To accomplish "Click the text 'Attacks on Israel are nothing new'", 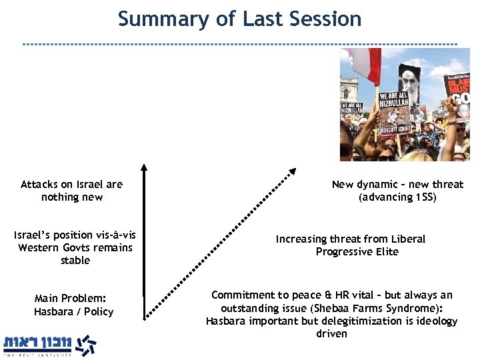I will coord(71,191).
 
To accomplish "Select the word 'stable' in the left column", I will coord(75,260).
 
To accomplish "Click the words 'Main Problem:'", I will coord(71,299).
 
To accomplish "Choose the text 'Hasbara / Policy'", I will coord(73,311).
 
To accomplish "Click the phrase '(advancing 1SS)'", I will coord(397,197).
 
